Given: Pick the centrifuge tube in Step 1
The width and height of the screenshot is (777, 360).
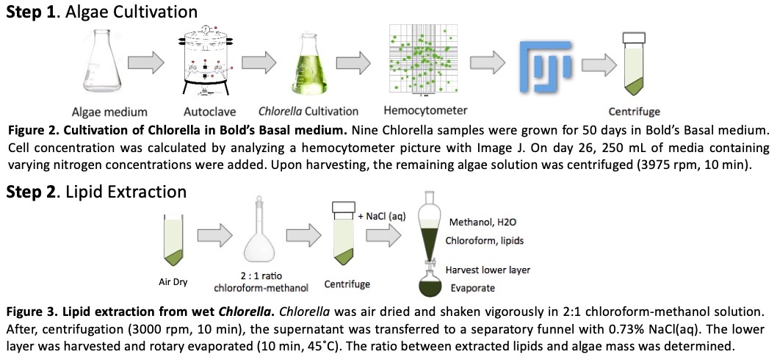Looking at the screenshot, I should click(x=632, y=66).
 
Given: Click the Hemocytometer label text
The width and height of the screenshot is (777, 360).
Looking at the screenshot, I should click(x=425, y=111).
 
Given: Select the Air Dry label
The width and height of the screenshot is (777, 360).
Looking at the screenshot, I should click(x=173, y=281).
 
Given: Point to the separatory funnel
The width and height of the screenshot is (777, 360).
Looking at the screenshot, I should click(x=429, y=231).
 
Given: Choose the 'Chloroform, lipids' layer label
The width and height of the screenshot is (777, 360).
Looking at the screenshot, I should click(x=485, y=240).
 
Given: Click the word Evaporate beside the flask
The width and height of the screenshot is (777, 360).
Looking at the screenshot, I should click(x=473, y=288).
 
